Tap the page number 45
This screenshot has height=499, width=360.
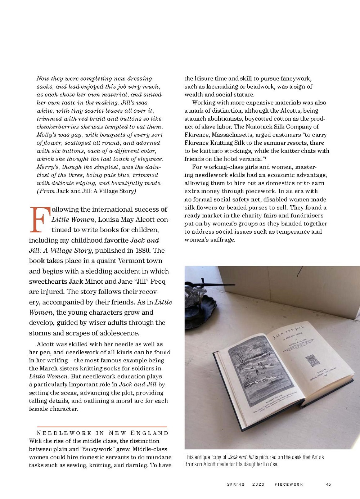[328, 484]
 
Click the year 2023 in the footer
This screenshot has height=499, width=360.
[258, 484]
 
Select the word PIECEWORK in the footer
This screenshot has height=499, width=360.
[289, 484]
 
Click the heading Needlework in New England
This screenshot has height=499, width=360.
[103, 433]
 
